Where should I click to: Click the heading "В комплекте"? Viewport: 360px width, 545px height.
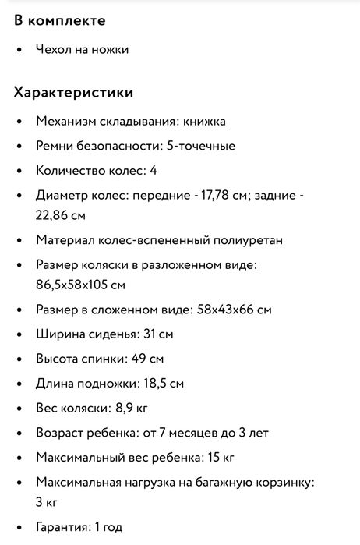59,21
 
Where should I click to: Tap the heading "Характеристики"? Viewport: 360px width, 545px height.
74,93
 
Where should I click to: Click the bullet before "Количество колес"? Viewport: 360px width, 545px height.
19,170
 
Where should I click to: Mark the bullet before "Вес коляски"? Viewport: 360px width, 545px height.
19,408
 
